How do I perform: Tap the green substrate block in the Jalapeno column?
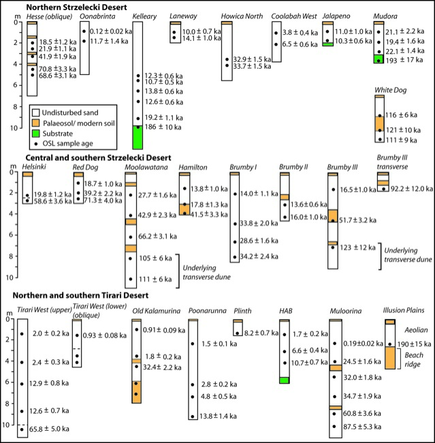point(327,44)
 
